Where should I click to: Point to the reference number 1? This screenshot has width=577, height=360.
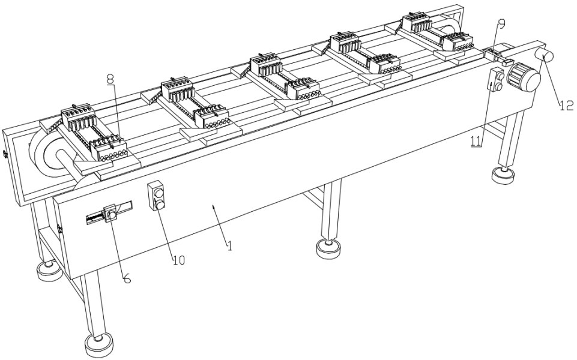coord(228,245)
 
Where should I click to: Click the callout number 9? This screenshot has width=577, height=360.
coord(501,23)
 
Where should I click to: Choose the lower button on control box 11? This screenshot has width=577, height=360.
coord(498,86)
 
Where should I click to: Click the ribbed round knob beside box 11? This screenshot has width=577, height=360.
coord(521,77)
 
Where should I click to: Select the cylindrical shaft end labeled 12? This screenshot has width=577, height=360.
coord(546,58)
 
